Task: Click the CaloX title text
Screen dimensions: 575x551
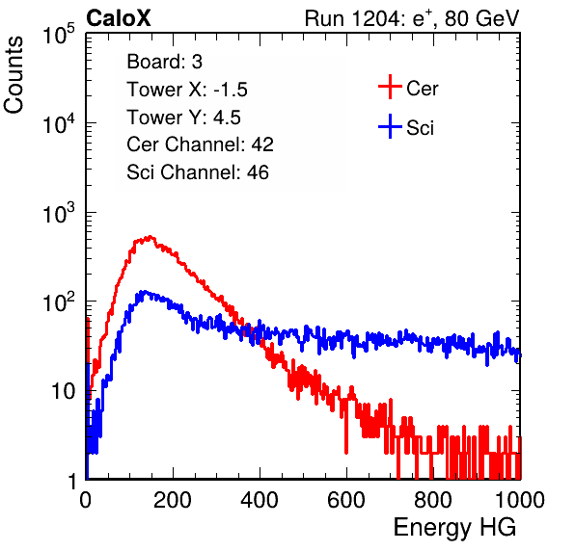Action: coord(118,18)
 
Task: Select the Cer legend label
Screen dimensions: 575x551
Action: coord(422,89)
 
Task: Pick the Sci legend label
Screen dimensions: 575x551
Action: coord(421,128)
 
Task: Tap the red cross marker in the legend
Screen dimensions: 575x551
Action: coord(390,87)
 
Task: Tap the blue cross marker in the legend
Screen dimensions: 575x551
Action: coord(390,126)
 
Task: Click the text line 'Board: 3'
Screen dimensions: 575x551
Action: coord(164,62)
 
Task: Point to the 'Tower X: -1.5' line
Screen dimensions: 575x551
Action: coord(187,90)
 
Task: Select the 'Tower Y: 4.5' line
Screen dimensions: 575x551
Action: coord(183,118)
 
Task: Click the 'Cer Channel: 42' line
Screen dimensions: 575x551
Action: coord(200,144)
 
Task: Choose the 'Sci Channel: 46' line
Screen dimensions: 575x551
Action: coord(198,172)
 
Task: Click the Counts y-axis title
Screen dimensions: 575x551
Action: coord(14,75)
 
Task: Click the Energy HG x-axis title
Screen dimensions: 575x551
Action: coord(454,528)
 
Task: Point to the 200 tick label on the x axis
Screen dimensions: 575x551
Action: coord(173,499)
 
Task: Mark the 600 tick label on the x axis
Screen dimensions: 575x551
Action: coord(346,499)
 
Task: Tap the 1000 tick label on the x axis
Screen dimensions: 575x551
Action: coord(520,499)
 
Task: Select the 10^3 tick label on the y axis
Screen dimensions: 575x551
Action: coord(59,212)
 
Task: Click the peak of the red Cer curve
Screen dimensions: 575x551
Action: coord(150,237)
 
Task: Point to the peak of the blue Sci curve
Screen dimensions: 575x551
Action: coord(145,292)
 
